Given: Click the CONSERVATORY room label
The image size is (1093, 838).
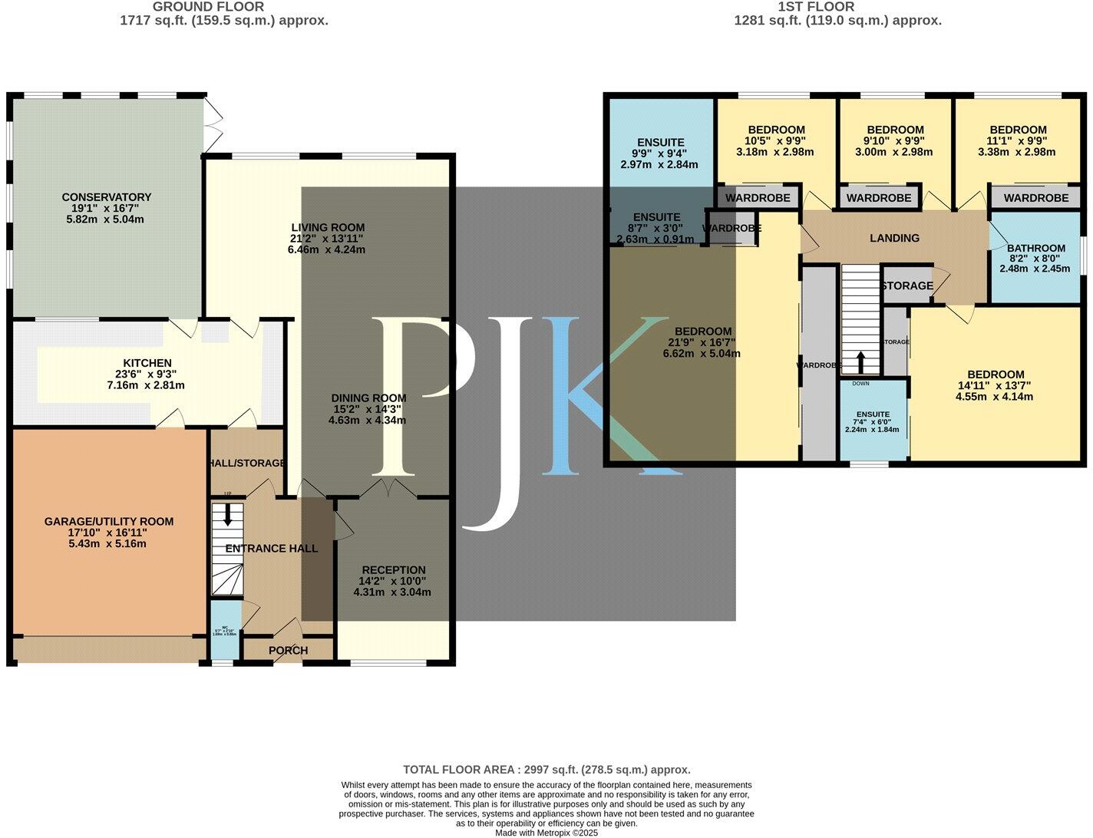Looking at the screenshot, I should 107,197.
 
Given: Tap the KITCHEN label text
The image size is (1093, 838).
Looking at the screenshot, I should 147,363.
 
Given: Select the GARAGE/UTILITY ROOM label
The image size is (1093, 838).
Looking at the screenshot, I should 108,522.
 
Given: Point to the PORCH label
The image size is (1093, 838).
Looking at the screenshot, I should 288,650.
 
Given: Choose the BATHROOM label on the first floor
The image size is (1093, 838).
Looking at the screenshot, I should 1035,248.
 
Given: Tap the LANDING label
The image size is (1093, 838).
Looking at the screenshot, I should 894,238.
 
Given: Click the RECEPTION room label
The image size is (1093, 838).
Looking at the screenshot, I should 393,570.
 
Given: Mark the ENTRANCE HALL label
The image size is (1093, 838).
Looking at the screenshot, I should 271,549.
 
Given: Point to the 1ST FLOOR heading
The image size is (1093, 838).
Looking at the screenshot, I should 837,7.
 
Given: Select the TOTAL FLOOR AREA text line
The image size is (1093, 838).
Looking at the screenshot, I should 546,769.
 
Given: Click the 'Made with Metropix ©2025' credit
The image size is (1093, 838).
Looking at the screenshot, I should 546,832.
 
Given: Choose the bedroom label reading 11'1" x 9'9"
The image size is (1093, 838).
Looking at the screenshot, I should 1018,130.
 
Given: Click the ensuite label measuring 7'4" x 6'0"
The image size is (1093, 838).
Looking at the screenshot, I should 873,414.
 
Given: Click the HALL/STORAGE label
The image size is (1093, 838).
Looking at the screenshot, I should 246,464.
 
